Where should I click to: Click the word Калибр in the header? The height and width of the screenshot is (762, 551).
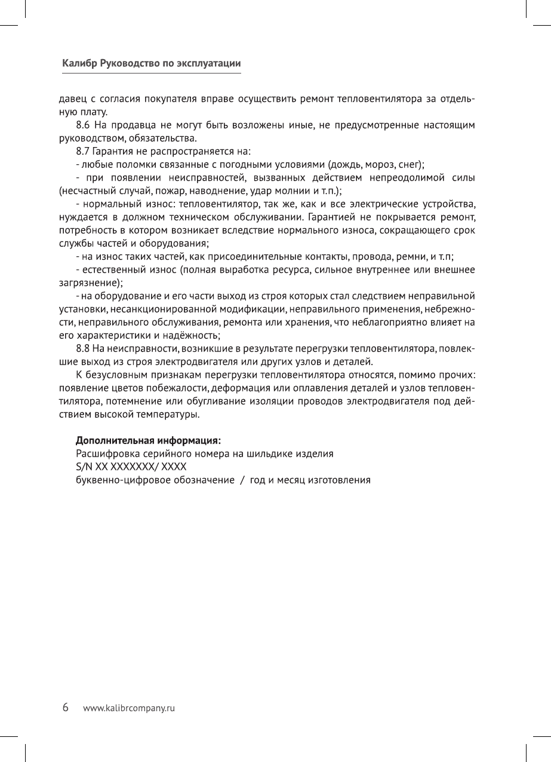(79, 63)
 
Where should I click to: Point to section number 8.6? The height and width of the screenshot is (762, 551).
(84, 125)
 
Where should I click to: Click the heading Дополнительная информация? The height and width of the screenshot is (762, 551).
(148, 441)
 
